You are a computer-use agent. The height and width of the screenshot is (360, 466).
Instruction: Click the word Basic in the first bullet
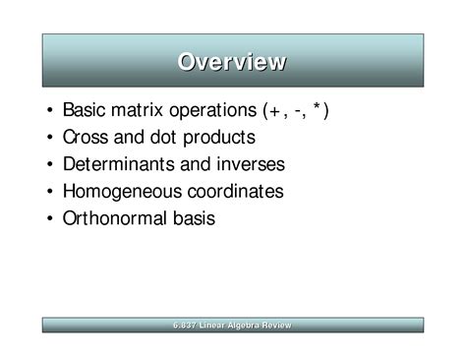click(85, 110)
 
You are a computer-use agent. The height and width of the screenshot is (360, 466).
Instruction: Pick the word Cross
click(86, 138)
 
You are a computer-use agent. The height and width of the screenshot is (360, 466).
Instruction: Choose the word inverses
click(248, 164)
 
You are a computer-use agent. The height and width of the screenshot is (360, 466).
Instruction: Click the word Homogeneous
click(120, 191)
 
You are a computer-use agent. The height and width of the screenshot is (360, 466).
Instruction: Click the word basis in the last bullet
click(193, 217)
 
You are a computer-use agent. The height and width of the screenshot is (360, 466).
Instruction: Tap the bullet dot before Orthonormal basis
click(49, 218)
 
